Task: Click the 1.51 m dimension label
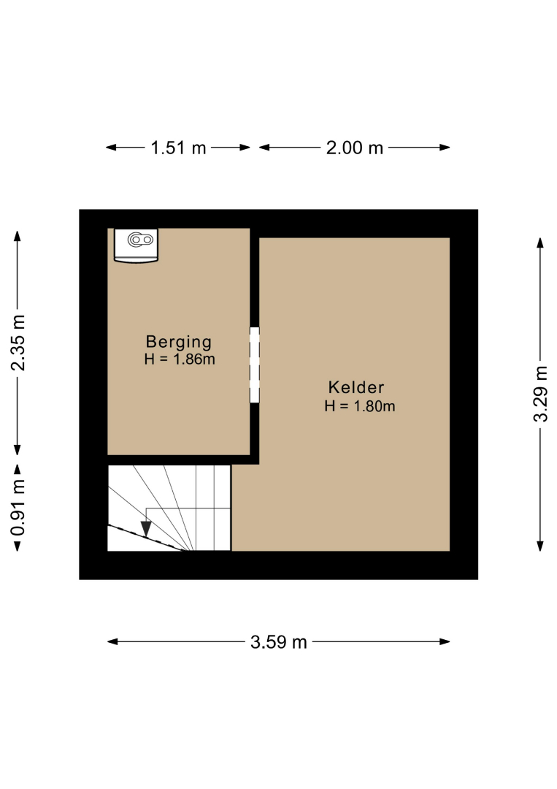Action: pos(178,148)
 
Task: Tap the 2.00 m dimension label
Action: pos(354,148)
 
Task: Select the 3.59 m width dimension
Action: pos(279,642)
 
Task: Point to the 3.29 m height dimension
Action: pos(540,394)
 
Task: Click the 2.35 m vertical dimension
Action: pos(18,343)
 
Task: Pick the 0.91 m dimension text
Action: pos(18,508)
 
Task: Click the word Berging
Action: pos(178,342)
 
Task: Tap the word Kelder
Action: pos(356,387)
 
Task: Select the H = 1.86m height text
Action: pos(180,359)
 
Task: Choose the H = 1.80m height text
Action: pos(359,406)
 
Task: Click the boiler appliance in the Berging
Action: pos(136,245)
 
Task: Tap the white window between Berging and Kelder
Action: pos(255,365)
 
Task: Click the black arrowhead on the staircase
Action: pos(146,529)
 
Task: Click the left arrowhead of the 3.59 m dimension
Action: pos(112,641)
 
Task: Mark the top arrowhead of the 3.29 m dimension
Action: pos(540,243)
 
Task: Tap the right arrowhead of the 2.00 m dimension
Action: pos(445,148)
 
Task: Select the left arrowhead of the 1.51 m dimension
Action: pos(111,148)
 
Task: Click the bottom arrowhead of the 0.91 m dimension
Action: pos(18,546)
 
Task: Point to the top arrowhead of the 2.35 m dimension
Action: pos(18,236)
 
